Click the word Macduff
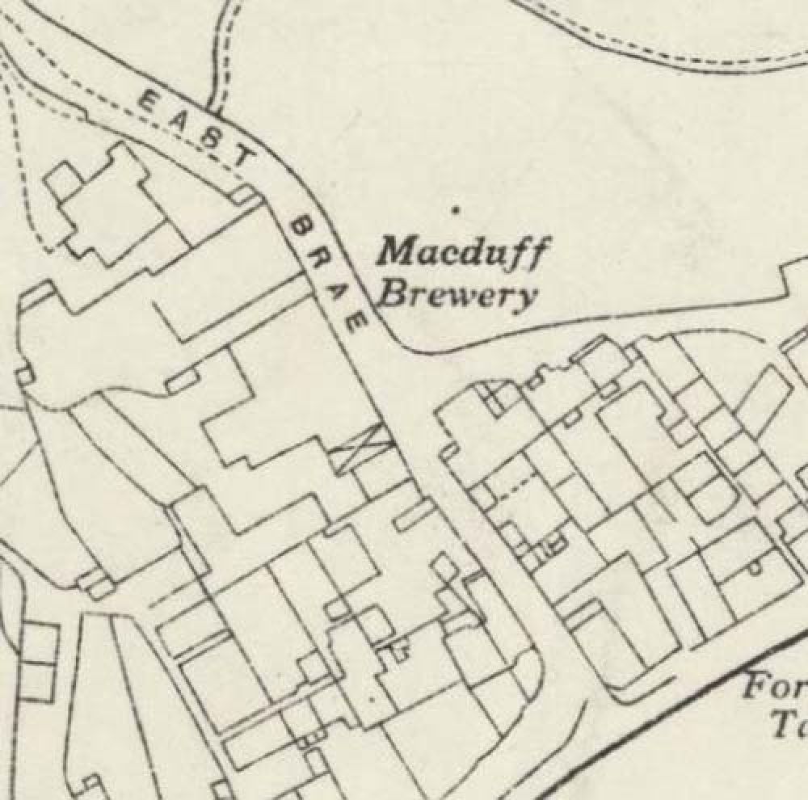[x=464, y=253]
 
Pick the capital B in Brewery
[x=393, y=295]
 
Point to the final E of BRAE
[x=357, y=325]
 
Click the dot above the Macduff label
[x=457, y=210]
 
